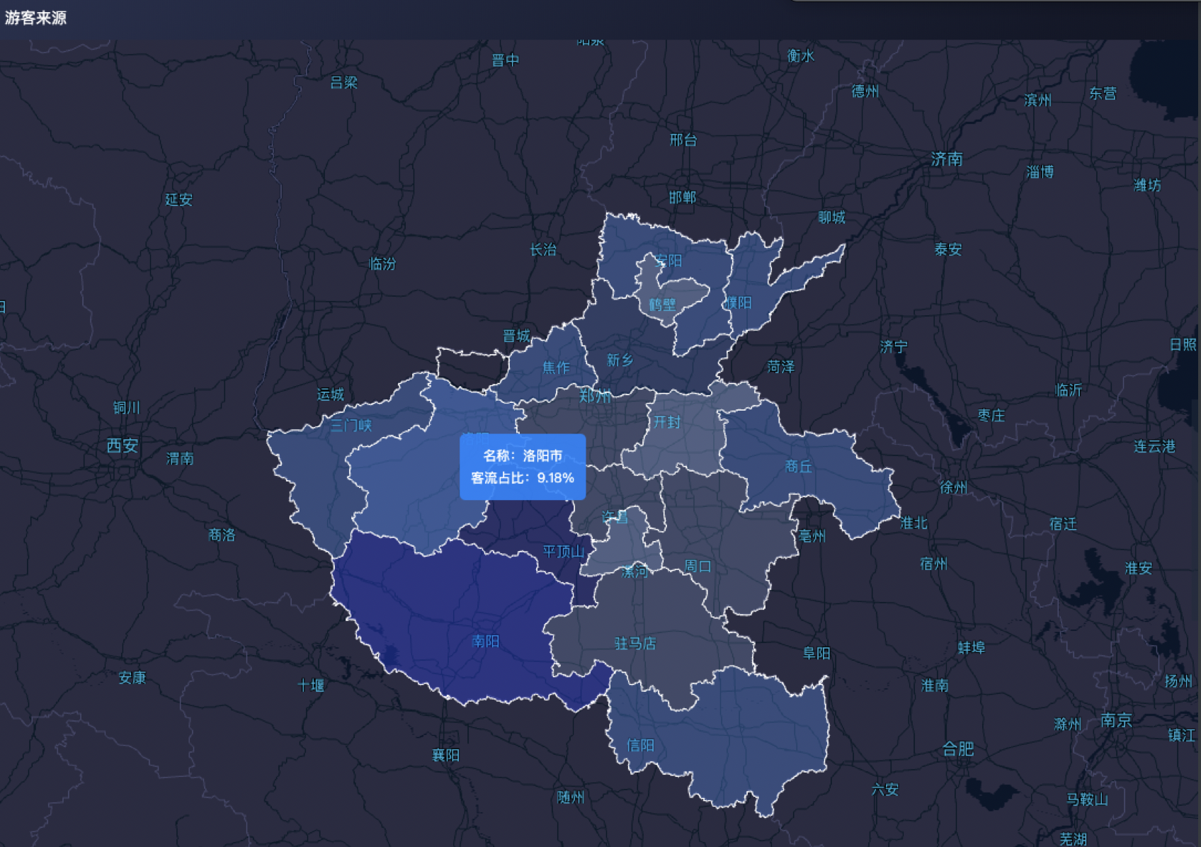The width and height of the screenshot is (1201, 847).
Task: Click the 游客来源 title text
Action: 35,18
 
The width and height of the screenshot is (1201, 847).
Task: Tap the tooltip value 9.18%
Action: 555,478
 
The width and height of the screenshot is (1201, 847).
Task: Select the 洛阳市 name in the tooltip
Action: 542,455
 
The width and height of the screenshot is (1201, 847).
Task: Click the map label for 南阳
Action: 486,642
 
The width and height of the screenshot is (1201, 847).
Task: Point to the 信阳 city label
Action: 640,745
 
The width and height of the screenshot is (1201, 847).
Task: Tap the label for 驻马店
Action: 635,643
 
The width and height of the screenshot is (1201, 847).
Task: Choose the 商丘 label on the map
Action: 798,467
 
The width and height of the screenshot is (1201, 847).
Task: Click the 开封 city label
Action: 666,422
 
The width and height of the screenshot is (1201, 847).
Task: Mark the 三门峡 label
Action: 351,425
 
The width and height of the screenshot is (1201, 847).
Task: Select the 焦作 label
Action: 556,368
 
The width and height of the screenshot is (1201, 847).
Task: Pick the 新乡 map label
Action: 620,360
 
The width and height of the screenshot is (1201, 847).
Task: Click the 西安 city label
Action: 123,445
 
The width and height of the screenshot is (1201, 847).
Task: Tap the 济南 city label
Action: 947,159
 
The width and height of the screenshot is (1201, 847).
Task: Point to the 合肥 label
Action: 957,749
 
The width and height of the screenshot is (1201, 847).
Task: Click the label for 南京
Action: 1116,720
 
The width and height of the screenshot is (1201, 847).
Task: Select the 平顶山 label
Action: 564,551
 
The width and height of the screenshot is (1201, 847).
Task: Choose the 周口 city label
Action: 698,567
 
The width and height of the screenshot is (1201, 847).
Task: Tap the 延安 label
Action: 178,200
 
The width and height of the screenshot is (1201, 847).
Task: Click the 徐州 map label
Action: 953,488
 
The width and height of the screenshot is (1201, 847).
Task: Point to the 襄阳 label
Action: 445,756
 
